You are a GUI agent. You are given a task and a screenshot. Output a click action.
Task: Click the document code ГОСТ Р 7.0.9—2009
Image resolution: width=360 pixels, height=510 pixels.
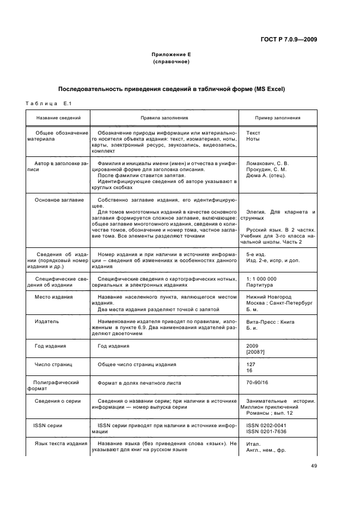pyautogui.click(x=290, y=39)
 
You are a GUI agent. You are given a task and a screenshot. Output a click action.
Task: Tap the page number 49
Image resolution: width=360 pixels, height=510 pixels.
pyautogui.click(x=314, y=465)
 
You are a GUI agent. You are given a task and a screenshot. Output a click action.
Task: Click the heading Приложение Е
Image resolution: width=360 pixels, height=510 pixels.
pyautogui.click(x=171, y=54)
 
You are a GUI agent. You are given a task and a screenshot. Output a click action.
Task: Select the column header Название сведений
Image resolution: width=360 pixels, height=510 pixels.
pyautogui.click(x=58, y=118)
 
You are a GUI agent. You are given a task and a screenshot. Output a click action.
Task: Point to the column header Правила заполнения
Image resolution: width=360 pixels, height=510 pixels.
pyautogui.click(x=164, y=118)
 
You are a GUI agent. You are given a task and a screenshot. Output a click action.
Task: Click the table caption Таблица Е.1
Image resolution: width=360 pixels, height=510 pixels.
pyautogui.click(x=49, y=104)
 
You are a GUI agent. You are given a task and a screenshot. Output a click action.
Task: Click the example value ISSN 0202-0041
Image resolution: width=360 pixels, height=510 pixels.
pyautogui.click(x=266, y=424)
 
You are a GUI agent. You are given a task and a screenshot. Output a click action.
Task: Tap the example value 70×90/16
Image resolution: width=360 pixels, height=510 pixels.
pyautogui.click(x=258, y=383)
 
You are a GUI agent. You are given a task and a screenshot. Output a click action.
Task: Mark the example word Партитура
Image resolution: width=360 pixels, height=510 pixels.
pyautogui.click(x=259, y=284)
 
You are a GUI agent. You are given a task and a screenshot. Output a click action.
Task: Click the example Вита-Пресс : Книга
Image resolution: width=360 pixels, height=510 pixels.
pyautogui.click(x=270, y=321)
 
